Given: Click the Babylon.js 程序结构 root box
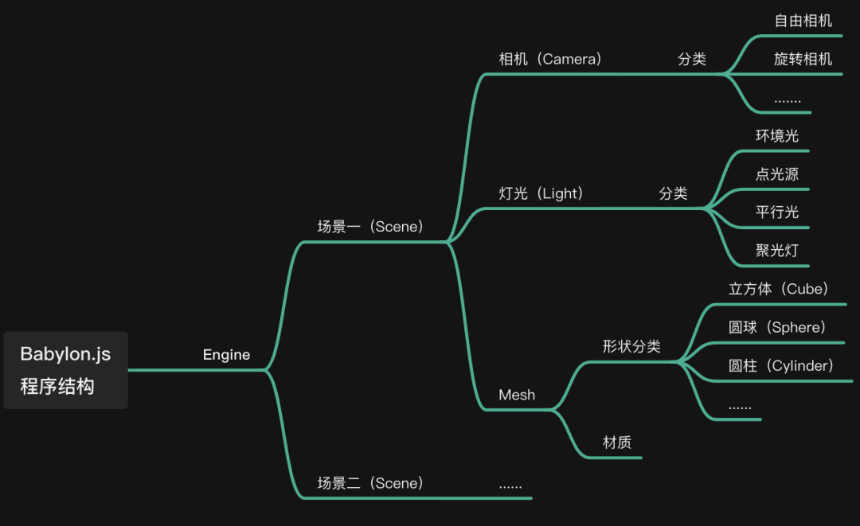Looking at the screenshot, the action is coord(65,370).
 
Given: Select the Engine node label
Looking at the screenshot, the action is coord(226,355).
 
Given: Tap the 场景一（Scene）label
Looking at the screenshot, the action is coord(370,227).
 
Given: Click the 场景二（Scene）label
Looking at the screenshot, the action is coord(370,483).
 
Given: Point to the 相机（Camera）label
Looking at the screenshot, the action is coord(550,59).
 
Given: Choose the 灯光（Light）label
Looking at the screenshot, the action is coord(541,193).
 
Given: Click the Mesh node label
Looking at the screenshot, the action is coord(517,395).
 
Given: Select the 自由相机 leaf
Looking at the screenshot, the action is coord(803,21).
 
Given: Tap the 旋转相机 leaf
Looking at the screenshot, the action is coord(803,59).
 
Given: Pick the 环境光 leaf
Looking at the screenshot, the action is coord(776,135).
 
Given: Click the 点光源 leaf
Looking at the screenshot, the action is coord(776,174).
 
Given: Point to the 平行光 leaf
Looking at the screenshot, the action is coord(776,212).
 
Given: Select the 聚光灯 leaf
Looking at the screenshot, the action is coord(776,250).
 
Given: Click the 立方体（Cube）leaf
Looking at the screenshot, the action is coord(779,289).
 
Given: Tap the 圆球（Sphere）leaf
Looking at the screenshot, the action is coord(777,327).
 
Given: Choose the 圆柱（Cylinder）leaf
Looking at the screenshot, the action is coord(781,365).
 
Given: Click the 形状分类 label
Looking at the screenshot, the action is coord(631,346).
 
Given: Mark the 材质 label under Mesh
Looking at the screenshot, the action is coord(617,442).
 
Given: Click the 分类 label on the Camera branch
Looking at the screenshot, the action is coord(691,59).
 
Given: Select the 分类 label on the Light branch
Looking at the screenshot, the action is coord(673,193).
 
